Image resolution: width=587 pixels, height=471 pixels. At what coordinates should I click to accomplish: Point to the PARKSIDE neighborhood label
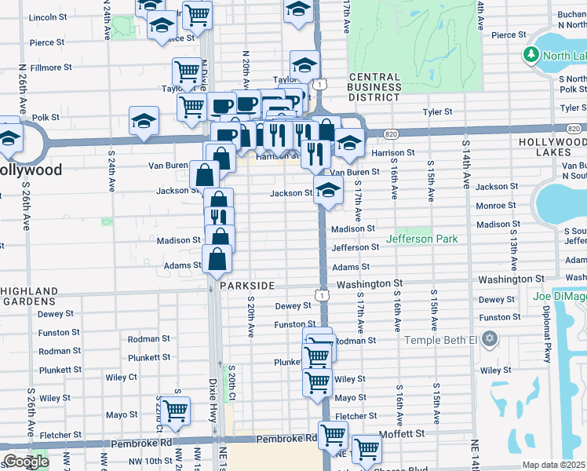(247, 285)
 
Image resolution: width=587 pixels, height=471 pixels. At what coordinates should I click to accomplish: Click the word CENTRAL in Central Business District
(374, 76)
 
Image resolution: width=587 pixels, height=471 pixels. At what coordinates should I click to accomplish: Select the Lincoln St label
(46, 16)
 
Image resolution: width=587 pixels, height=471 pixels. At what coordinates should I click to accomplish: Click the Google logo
(25, 462)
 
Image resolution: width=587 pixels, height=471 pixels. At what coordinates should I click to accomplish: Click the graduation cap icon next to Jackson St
(328, 189)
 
